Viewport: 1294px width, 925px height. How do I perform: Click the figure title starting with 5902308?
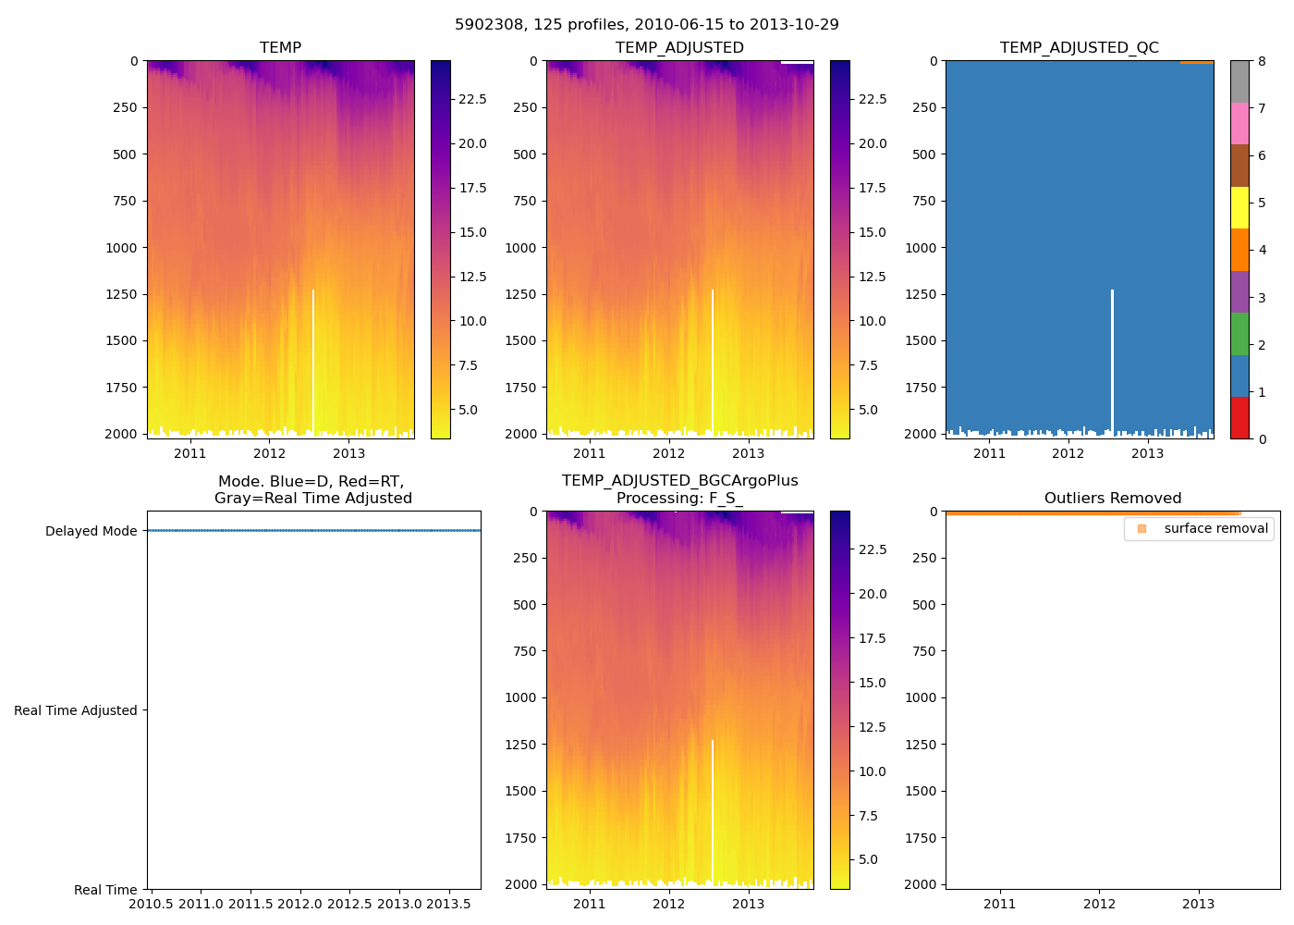click(646, 25)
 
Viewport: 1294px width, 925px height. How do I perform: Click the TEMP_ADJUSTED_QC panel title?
click(1079, 48)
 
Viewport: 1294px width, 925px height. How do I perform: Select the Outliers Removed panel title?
click(1112, 499)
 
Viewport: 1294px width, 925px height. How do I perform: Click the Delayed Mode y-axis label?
click(91, 531)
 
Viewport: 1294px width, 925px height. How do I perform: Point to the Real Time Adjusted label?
click(75, 710)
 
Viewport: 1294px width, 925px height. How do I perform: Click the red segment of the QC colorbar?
click(1239, 417)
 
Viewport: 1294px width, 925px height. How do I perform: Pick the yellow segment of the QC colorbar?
click(1239, 207)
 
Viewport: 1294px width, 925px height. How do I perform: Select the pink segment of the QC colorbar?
click(1239, 123)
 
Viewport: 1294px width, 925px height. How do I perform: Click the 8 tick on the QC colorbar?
click(1262, 61)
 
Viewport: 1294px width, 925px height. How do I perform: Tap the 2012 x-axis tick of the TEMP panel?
click(270, 453)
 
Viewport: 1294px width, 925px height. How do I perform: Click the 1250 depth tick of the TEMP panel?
click(122, 294)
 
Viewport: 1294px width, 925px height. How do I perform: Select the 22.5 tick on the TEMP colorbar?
click(473, 99)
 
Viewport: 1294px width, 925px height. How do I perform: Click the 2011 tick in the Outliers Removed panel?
click(999, 904)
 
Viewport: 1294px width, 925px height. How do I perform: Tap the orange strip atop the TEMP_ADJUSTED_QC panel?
click(1196, 62)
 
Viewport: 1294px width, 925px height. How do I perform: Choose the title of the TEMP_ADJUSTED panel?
click(679, 48)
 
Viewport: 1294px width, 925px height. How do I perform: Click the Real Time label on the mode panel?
click(105, 890)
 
